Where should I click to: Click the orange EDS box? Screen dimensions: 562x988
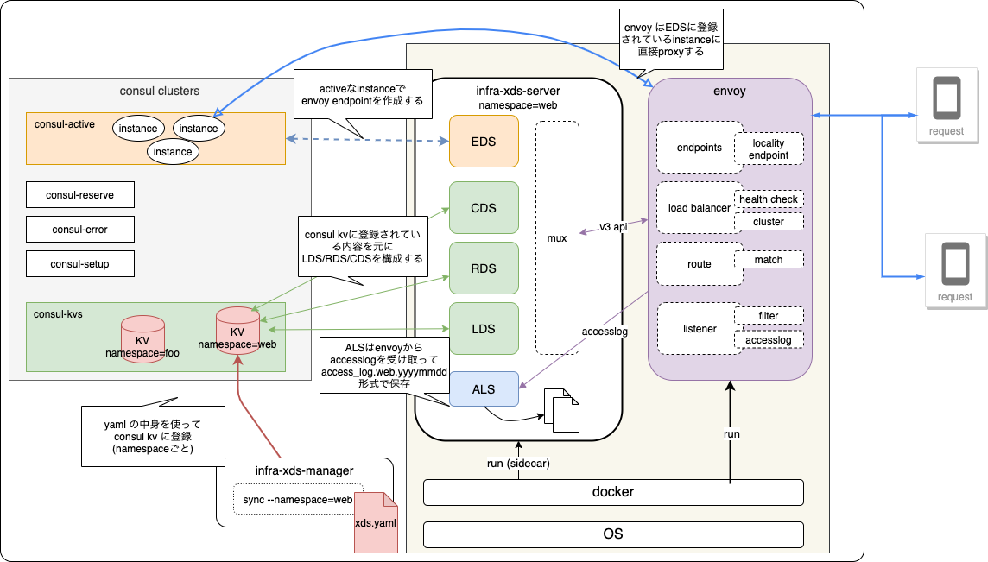(483, 141)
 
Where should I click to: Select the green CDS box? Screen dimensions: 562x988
(483, 207)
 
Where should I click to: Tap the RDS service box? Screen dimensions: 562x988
(483, 268)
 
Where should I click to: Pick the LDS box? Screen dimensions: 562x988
(483, 328)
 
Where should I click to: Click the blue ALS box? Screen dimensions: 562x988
(483, 388)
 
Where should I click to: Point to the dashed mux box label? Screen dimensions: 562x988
(557, 237)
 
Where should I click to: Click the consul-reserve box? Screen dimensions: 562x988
(80, 194)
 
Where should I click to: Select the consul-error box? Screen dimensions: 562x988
(80, 229)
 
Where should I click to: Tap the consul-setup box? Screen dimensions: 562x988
(80, 263)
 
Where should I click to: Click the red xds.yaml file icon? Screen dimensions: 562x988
(376, 521)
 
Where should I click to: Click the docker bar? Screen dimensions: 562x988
(613, 492)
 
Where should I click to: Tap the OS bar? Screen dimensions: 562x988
(613, 534)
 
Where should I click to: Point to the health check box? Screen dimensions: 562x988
(769, 199)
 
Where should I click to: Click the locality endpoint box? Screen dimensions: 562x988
(769, 148)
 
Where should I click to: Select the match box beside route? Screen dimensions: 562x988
(769, 259)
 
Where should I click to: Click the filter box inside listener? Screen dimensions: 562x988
(769, 316)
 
